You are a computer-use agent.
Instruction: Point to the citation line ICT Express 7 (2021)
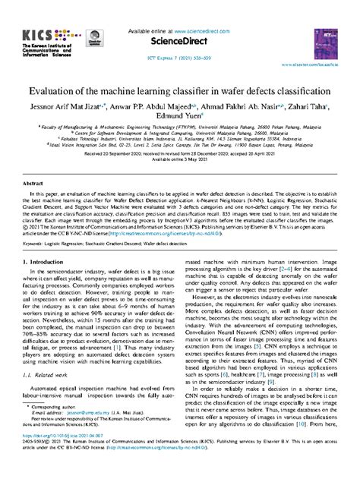179,58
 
